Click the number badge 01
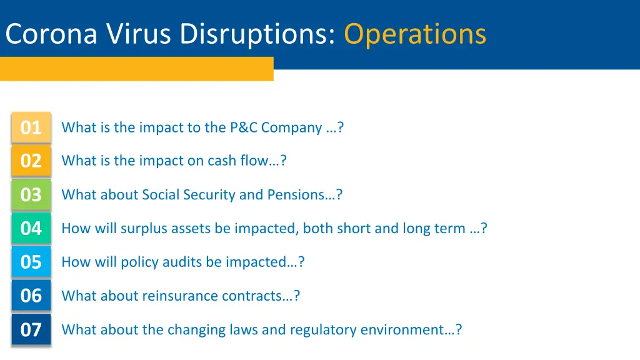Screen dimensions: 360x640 (x=31, y=127)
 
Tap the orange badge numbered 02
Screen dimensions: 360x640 (x=31, y=161)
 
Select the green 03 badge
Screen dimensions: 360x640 (x=31, y=195)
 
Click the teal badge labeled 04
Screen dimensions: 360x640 (x=31, y=229)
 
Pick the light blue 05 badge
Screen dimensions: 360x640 (x=31, y=262)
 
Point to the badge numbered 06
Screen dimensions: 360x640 (x=31, y=296)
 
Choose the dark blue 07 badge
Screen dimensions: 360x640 (x=31, y=329)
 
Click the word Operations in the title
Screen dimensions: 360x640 (x=415, y=34)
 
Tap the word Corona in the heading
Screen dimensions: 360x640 (x=51, y=34)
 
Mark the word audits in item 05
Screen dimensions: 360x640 (x=182, y=262)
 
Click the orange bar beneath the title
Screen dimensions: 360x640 (x=136, y=69)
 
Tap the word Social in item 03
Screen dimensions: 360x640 (x=161, y=195)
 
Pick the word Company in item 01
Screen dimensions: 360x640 (x=291, y=128)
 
